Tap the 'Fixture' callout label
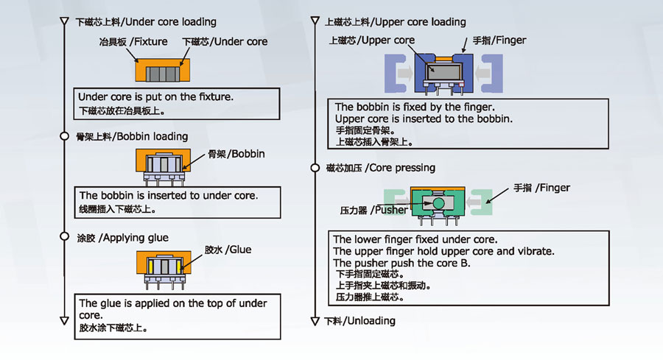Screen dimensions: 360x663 click(133, 42)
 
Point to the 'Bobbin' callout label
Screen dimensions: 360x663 click(236, 155)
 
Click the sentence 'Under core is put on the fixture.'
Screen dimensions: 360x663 click(157, 96)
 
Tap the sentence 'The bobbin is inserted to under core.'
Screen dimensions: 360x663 click(169, 196)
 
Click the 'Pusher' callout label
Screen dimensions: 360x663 click(373, 210)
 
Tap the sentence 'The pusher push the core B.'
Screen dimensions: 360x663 click(401, 263)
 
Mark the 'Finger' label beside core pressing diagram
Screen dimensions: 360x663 click(541, 188)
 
